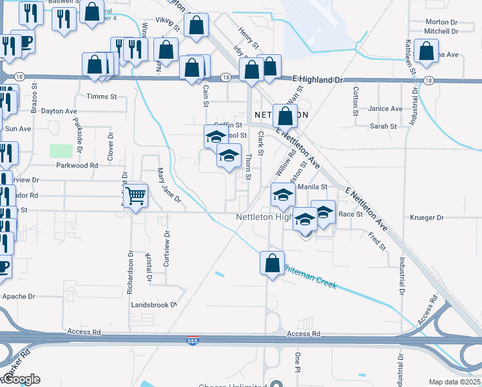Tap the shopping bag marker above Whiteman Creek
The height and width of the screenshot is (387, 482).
click(272, 263)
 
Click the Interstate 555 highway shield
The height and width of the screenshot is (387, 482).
click(198, 340)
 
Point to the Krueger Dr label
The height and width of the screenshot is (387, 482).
click(427, 218)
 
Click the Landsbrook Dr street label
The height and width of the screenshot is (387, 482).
click(153, 304)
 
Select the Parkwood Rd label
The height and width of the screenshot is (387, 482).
click(76, 165)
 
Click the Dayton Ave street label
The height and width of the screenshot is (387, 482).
click(59, 111)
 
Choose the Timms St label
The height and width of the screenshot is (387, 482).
click(101, 97)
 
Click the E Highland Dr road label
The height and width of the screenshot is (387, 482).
click(317, 79)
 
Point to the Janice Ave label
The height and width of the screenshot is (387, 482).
click(385, 109)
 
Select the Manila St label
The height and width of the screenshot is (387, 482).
click(313, 187)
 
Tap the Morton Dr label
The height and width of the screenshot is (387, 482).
click(441, 22)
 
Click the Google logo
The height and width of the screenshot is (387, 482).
click(21, 379)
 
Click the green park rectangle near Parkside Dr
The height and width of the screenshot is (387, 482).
click(61, 151)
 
